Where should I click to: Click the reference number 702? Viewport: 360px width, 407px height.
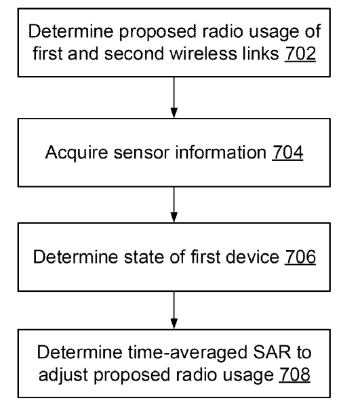click(x=300, y=53)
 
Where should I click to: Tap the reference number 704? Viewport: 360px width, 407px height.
click(x=287, y=152)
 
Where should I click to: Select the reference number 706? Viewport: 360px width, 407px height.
click(x=300, y=257)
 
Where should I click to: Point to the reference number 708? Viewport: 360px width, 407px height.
click(x=294, y=374)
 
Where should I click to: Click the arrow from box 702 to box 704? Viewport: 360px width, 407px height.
click(x=174, y=98)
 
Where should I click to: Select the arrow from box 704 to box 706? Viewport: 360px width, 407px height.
click(x=174, y=205)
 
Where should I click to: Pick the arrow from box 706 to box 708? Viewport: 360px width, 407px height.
click(x=174, y=310)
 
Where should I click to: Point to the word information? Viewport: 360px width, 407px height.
click(x=221, y=152)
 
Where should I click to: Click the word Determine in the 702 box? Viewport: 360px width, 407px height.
click(x=71, y=31)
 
